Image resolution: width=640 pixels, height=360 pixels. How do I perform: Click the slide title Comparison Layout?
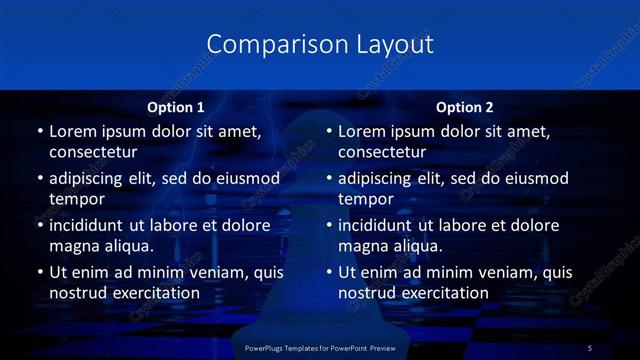click(x=320, y=45)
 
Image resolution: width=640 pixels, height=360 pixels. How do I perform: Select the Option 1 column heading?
click(x=176, y=106)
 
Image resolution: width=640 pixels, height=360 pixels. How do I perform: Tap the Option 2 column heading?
click(x=465, y=106)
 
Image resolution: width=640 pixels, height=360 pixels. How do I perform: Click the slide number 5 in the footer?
click(x=590, y=347)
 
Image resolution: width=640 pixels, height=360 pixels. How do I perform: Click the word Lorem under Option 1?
click(x=74, y=131)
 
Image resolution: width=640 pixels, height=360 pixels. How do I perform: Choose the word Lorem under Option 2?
click(x=363, y=131)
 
